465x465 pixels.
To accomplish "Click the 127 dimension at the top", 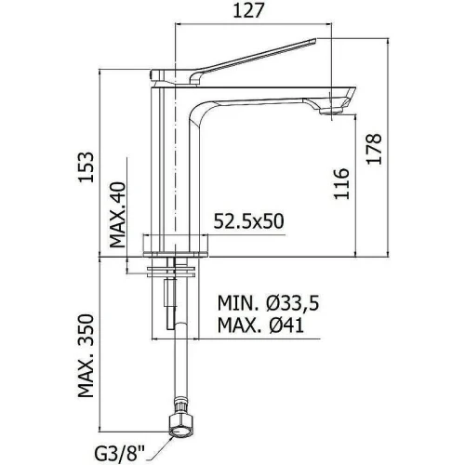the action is click(x=248, y=10).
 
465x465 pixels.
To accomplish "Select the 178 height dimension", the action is click(x=374, y=149).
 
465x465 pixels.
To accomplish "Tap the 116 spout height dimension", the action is click(x=341, y=183).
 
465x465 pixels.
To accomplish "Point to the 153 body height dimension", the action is click(x=86, y=166).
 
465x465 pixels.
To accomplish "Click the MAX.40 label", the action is click(x=118, y=215).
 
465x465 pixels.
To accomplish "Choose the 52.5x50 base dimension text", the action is click(x=248, y=221).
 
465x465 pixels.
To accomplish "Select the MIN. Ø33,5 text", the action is click(x=268, y=303).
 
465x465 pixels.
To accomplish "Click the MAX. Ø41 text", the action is click(x=260, y=325).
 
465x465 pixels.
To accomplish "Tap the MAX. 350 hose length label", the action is click(x=86, y=355).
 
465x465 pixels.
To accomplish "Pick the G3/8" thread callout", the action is click(x=120, y=455).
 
